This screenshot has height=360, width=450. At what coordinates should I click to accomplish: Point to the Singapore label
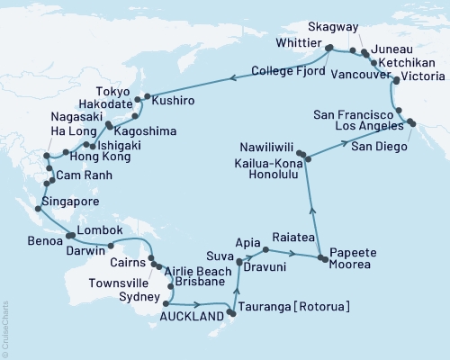(67, 202)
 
